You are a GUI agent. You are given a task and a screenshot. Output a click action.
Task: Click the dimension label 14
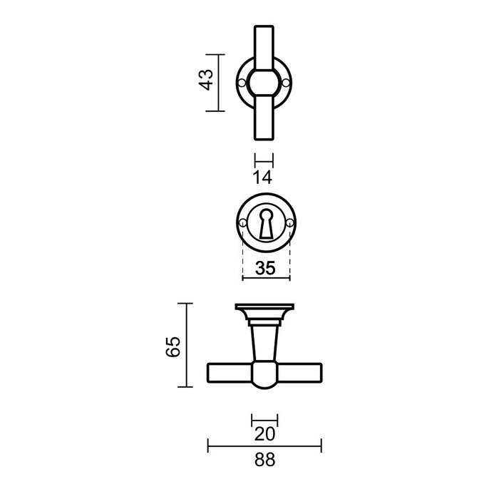click(264, 176)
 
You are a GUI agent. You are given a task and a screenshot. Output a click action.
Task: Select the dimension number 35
click(266, 269)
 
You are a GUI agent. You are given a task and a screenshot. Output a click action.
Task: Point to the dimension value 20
click(264, 433)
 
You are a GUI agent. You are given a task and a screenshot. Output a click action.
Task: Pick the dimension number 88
click(264, 461)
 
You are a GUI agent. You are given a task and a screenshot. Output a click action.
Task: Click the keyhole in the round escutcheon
click(266, 223)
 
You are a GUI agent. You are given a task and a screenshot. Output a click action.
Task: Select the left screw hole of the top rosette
click(242, 83)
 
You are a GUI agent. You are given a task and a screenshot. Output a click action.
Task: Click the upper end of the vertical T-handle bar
click(264, 39)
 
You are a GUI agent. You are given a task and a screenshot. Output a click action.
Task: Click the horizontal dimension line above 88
click(264, 447)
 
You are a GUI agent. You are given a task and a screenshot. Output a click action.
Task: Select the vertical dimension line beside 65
click(187, 345)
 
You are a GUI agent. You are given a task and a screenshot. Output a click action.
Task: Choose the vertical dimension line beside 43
click(217, 83)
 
